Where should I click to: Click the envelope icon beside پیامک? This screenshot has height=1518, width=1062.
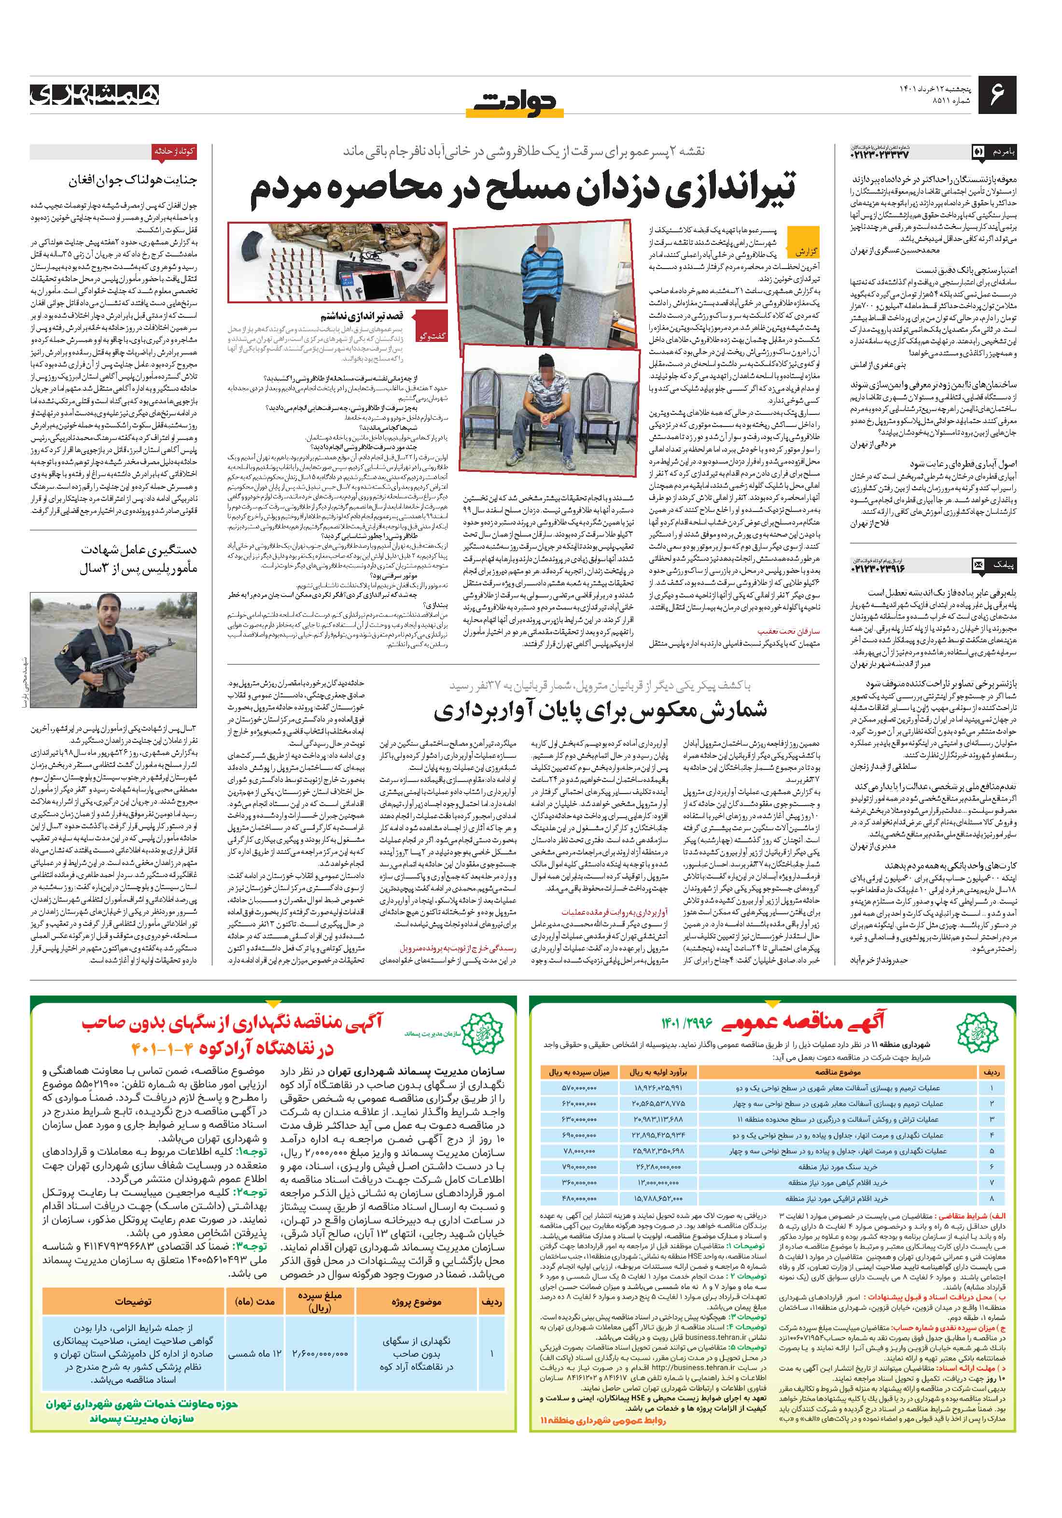979,565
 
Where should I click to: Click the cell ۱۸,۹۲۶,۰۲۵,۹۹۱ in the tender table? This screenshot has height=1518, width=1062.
657,1087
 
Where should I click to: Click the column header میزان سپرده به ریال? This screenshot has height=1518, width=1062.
579,1072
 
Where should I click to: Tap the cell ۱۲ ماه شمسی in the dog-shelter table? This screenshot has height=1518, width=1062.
254,1353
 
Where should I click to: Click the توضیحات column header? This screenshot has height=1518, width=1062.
133,1302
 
